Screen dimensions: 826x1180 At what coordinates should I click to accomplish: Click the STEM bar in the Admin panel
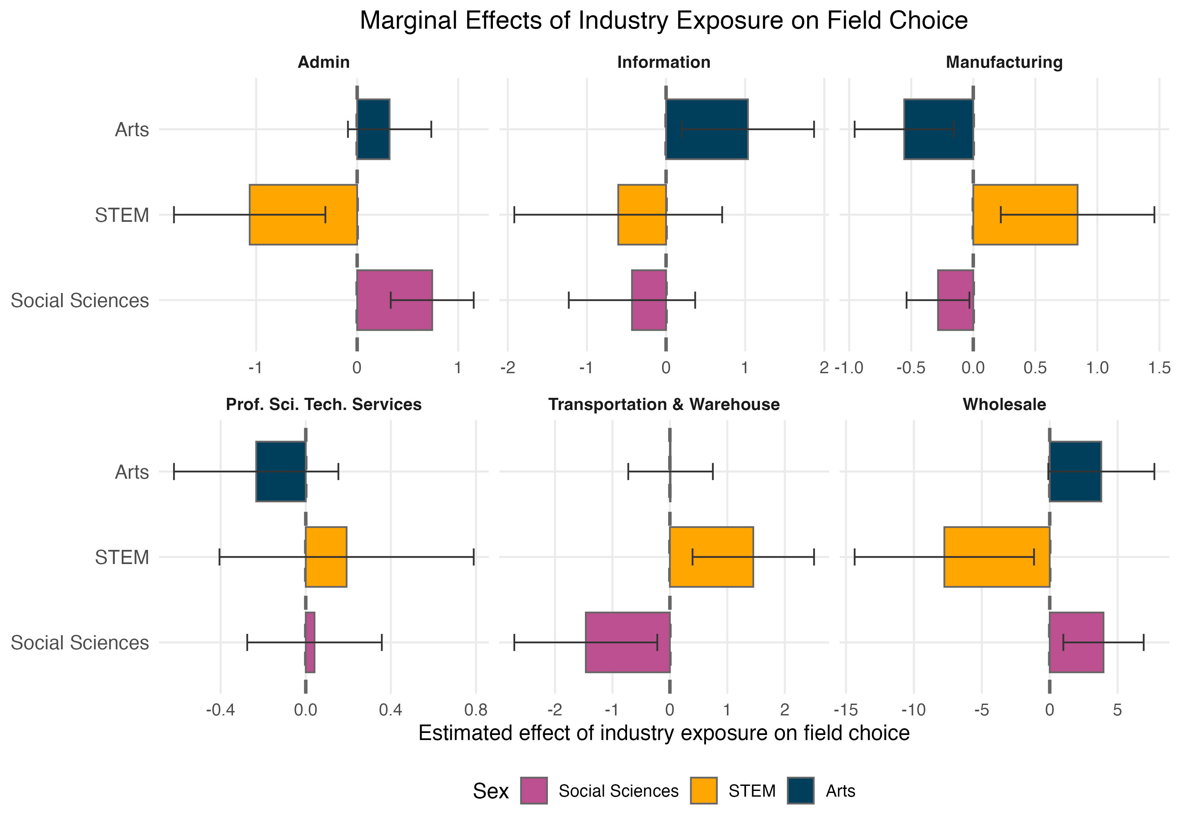point(303,214)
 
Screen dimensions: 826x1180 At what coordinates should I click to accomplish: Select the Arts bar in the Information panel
point(707,129)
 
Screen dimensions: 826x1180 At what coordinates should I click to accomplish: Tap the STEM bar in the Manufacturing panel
point(1025,214)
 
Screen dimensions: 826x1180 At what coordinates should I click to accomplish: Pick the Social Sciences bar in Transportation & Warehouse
point(627,642)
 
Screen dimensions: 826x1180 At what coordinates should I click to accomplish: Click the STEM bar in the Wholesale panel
point(997,557)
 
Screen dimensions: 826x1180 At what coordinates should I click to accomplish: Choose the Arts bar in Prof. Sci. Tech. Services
point(281,471)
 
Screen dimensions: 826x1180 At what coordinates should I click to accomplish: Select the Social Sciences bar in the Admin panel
point(394,300)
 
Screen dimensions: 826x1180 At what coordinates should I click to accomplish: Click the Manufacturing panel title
point(1004,62)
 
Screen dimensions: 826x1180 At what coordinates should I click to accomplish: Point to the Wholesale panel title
point(1004,405)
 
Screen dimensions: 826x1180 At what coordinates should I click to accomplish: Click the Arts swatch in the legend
point(800,791)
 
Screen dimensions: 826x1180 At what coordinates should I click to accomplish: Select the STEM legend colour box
point(703,791)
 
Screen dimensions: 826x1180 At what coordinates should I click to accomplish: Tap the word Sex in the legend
point(490,791)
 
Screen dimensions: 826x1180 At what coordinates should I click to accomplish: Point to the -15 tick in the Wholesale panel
point(846,710)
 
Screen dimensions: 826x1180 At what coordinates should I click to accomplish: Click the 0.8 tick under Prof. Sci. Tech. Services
point(475,710)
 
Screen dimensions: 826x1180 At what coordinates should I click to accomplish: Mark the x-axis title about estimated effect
point(663,733)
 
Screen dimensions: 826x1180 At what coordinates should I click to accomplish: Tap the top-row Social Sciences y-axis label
point(80,300)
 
